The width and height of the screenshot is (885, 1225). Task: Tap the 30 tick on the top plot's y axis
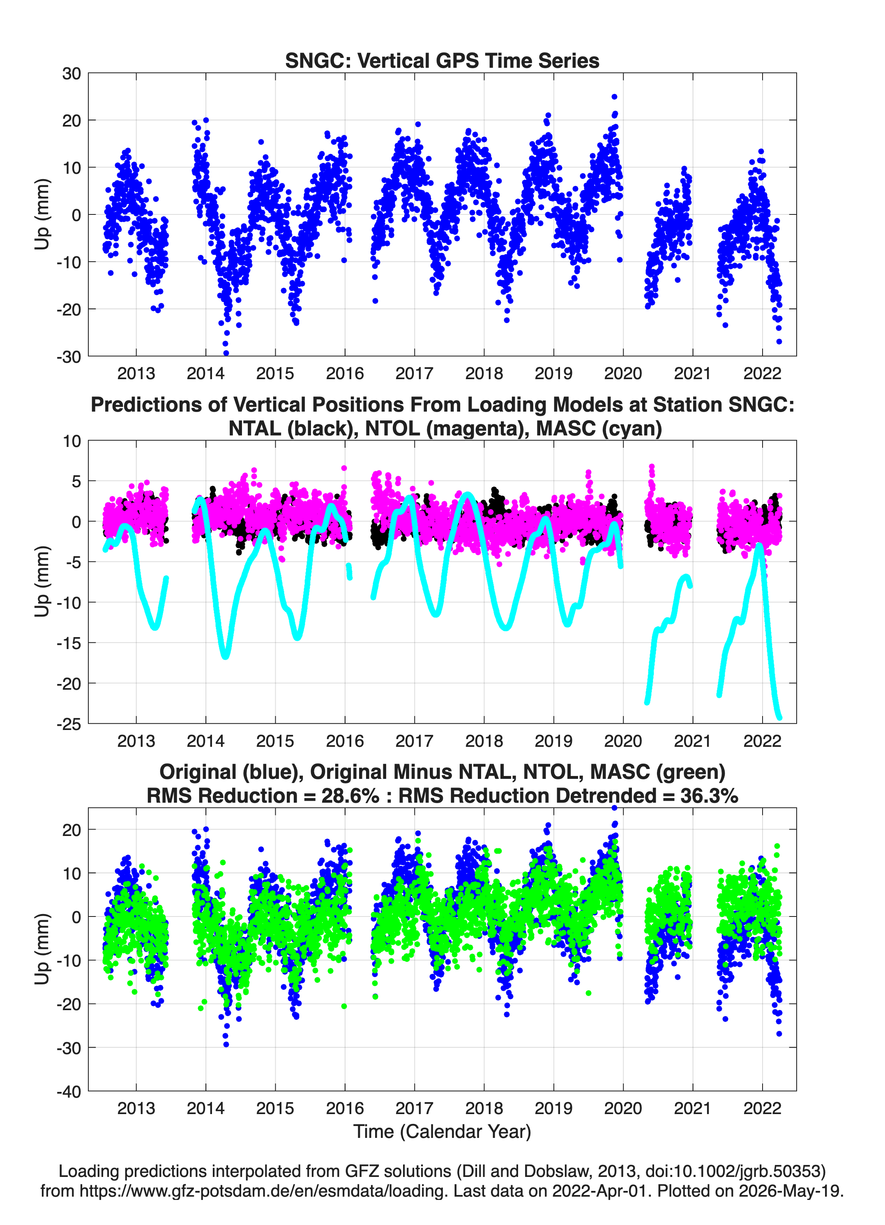(71, 74)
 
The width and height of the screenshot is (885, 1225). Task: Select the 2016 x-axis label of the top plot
(345, 373)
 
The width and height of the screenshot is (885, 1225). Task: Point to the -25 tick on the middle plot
(69, 724)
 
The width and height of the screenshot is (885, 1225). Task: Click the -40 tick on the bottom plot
(69, 1091)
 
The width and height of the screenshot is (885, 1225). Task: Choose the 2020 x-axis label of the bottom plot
(623, 1108)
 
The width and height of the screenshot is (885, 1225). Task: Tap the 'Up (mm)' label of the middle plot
(42, 581)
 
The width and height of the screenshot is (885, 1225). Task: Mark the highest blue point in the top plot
(614, 97)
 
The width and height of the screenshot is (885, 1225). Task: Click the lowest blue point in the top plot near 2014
(226, 353)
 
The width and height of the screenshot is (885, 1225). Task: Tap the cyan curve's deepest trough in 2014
(225, 656)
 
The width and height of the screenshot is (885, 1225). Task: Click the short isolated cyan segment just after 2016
(350, 571)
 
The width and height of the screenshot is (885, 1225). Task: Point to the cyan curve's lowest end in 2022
(779, 717)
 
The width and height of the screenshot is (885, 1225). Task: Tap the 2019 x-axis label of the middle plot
(553, 741)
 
